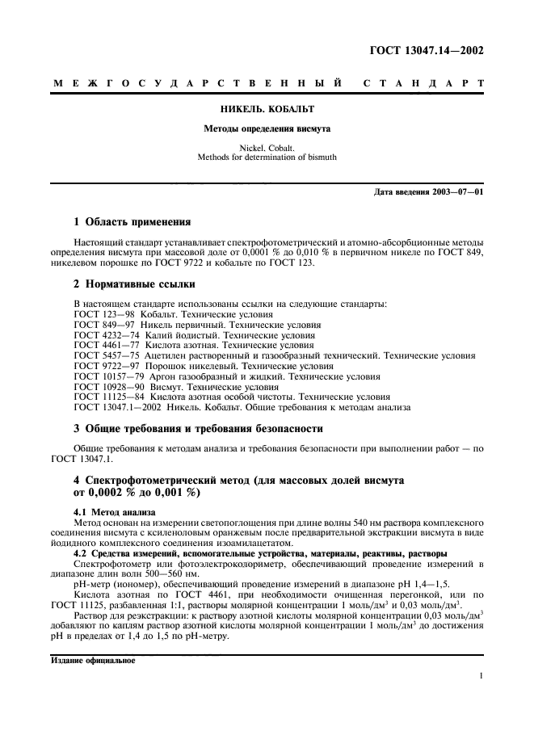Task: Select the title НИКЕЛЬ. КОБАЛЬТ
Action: point(267,108)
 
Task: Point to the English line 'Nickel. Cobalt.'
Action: point(267,148)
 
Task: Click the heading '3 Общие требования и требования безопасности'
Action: point(198,428)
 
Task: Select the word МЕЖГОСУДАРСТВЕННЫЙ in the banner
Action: point(199,83)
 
